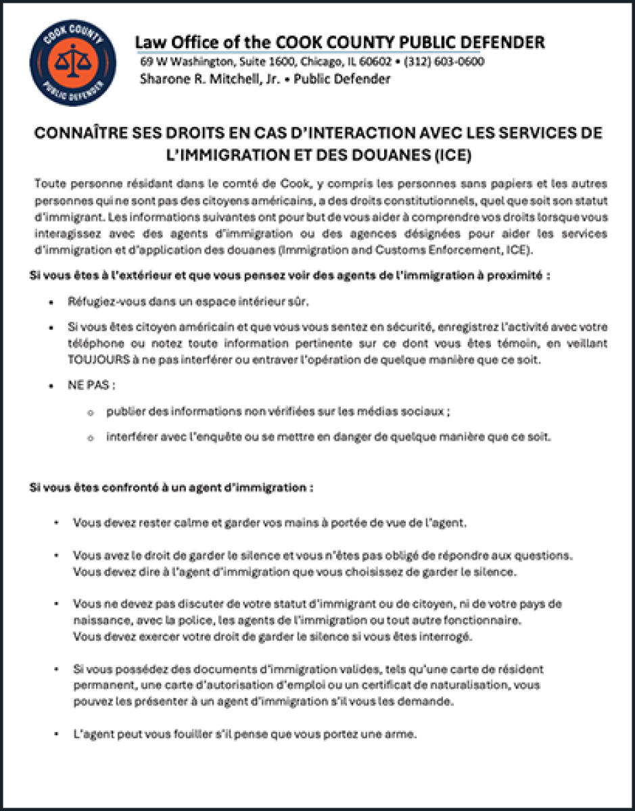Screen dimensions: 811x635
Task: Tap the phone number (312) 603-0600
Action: click(x=444, y=62)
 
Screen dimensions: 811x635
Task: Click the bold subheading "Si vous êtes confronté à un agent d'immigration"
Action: click(x=171, y=487)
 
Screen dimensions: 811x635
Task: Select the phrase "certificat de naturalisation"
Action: click(x=432, y=685)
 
